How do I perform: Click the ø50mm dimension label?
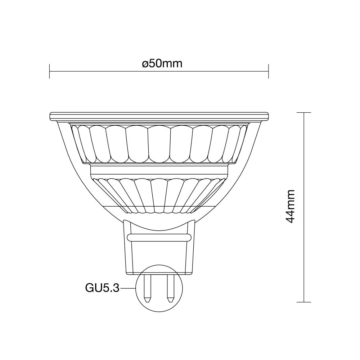[x=162, y=64]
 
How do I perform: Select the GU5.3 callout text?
[x=102, y=288]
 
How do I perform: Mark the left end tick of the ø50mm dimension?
[x=49, y=71]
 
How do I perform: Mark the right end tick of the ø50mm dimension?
[x=269, y=71]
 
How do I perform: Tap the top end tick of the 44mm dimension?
[x=305, y=113]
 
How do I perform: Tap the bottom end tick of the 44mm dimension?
[x=305, y=302]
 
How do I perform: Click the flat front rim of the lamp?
[x=159, y=116]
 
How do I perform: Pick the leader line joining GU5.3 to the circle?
[x=127, y=288]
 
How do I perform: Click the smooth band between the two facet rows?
[x=159, y=171]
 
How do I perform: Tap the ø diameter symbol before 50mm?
[x=145, y=64]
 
